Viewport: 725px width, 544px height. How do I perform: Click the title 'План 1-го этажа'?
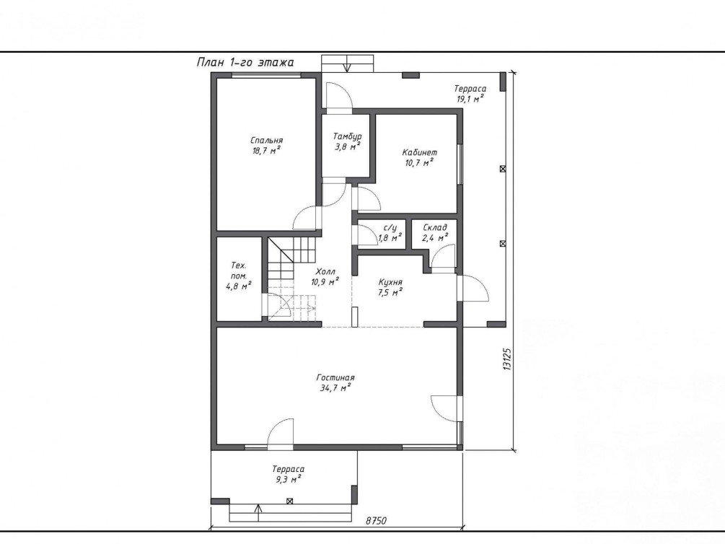tap(245, 62)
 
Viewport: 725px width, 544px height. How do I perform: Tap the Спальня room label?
tap(267, 145)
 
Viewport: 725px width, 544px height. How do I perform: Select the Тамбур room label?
tap(347, 141)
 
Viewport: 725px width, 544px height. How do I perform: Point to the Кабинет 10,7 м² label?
tap(419, 157)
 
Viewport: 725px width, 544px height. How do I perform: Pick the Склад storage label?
tap(435, 233)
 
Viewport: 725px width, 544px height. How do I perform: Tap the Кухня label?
tap(390, 287)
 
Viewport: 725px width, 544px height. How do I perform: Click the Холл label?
tap(325, 276)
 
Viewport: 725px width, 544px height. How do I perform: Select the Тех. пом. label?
tap(239, 276)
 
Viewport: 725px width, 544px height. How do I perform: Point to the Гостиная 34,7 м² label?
tap(335, 383)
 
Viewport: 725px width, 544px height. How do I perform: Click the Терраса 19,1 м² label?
tap(470, 93)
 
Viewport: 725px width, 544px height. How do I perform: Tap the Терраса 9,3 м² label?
tap(289, 474)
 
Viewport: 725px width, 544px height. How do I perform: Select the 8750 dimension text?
tap(376, 521)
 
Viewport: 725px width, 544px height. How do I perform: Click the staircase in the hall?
tap(291, 279)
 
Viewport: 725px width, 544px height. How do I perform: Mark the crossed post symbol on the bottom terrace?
tap(290, 501)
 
